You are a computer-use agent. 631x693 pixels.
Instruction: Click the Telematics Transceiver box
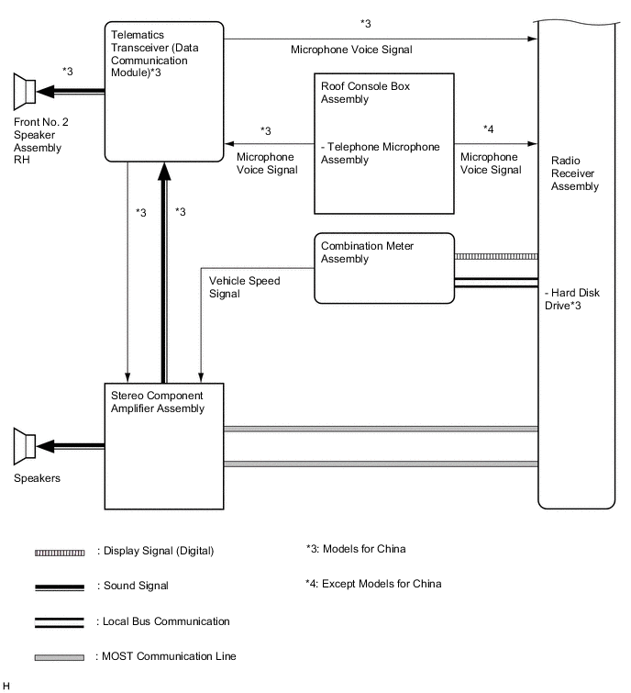164,92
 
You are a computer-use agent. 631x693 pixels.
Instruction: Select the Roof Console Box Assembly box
384,142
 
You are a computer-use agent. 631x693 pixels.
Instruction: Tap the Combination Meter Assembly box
384,268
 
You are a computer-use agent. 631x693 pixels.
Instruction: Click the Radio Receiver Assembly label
575,173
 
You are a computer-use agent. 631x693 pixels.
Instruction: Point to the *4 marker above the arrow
488,129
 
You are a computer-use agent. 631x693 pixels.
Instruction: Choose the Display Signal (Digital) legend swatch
60,551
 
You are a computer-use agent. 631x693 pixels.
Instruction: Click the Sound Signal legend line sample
60,586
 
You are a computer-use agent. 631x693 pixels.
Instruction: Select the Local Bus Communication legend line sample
60,621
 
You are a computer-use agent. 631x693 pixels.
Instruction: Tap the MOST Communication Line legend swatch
60,657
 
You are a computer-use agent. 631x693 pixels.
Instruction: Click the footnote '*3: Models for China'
355,549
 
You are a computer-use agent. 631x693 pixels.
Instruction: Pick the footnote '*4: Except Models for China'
373,584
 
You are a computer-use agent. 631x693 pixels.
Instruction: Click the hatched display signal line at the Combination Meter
495,256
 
